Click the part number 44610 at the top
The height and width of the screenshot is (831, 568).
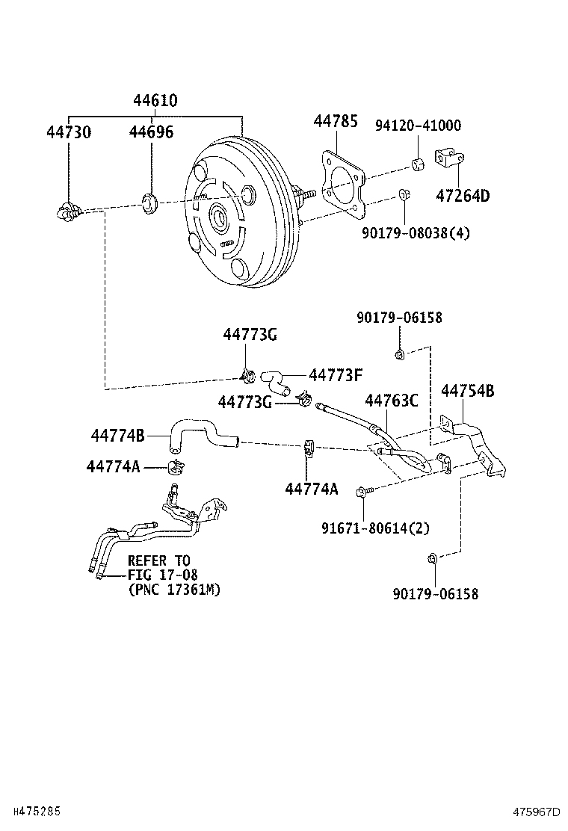coord(155,101)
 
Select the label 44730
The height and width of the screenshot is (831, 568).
coord(69,132)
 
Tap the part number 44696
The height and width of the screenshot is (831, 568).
coord(151,132)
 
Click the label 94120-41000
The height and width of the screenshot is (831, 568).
coord(418,126)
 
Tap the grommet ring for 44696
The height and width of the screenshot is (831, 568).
coord(150,201)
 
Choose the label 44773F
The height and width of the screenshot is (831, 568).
coord(336,374)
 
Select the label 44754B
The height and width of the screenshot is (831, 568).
coord(467,391)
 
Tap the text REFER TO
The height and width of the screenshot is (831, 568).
coord(158,560)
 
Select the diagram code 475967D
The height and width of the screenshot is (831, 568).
coord(536,812)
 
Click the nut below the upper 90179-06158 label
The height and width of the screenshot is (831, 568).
coord(399,353)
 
